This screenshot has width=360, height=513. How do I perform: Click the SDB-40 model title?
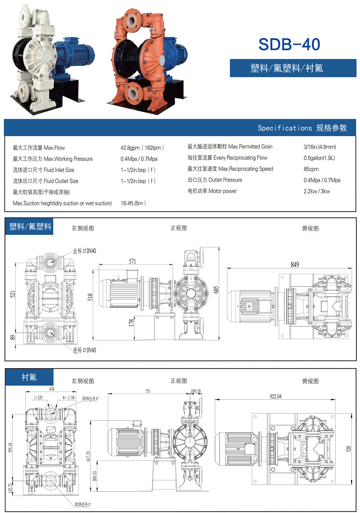pyautogui.click(x=289, y=44)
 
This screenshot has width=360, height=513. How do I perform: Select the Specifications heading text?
pyautogui.click(x=302, y=128)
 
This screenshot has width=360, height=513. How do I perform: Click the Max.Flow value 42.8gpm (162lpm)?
pyautogui.click(x=142, y=148)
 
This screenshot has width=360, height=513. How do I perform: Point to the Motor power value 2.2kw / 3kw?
pyautogui.click(x=316, y=191)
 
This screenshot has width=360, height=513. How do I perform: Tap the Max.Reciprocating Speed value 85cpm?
pyautogui.click(x=311, y=169)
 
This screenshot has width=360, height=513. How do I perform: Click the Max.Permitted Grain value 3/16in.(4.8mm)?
pyautogui.click(x=319, y=147)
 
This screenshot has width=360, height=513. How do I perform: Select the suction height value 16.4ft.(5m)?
pyautogui.click(x=133, y=203)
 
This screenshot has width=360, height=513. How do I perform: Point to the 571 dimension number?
pyautogui.click(x=132, y=261)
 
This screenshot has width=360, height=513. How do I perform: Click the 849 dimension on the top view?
pyautogui.click(x=295, y=265)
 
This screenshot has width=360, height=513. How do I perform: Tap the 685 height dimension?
pyautogui.click(x=216, y=289)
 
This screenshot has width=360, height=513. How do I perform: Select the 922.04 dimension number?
pyautogui.click(x=275, y=396)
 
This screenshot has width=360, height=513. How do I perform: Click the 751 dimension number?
pyautogui.click(x=148, y=391)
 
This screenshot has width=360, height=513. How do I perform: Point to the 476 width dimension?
pyautogui.click(x=52, y=389)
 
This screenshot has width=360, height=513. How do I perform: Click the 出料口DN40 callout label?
pyautogui.click(x=85, y=251)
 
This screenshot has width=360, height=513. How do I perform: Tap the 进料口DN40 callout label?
pyautogui.click(x=85, y=350)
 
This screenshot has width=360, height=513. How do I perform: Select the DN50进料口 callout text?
pyautogui.click(x=82, y=504)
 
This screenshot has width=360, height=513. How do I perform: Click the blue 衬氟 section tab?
pyautogui.click(x=29, y=377)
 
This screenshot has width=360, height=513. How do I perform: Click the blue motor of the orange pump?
pyautogui.click(x=175, y=51)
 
